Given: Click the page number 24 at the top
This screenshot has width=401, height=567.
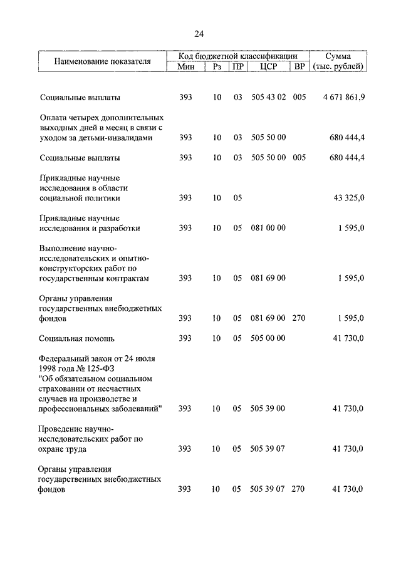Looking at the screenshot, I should [x=199, y=33].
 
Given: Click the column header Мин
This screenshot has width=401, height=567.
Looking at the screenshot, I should [x=186, y=66].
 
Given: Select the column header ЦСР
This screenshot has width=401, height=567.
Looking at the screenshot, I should [x=268, y=66].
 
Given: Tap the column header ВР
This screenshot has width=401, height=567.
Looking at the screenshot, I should [x=299, y=66].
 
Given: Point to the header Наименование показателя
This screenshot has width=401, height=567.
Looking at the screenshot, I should [x=103, y=61].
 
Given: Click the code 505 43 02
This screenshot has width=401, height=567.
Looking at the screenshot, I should [x=268, y=98].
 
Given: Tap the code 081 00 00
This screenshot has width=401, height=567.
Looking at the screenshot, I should [x=268, y=228].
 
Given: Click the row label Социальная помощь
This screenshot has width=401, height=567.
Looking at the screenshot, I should [x=76, y=338].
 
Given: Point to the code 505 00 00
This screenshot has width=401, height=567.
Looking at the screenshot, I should [x=268, y=338].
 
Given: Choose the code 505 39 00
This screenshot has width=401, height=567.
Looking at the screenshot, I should [x=268, y=408].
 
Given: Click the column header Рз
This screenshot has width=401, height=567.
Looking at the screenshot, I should [x=217, y=66].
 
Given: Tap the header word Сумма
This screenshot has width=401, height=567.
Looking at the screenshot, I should [x=341, y=56].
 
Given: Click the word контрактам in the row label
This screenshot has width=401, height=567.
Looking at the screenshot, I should [x=128, y=278].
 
